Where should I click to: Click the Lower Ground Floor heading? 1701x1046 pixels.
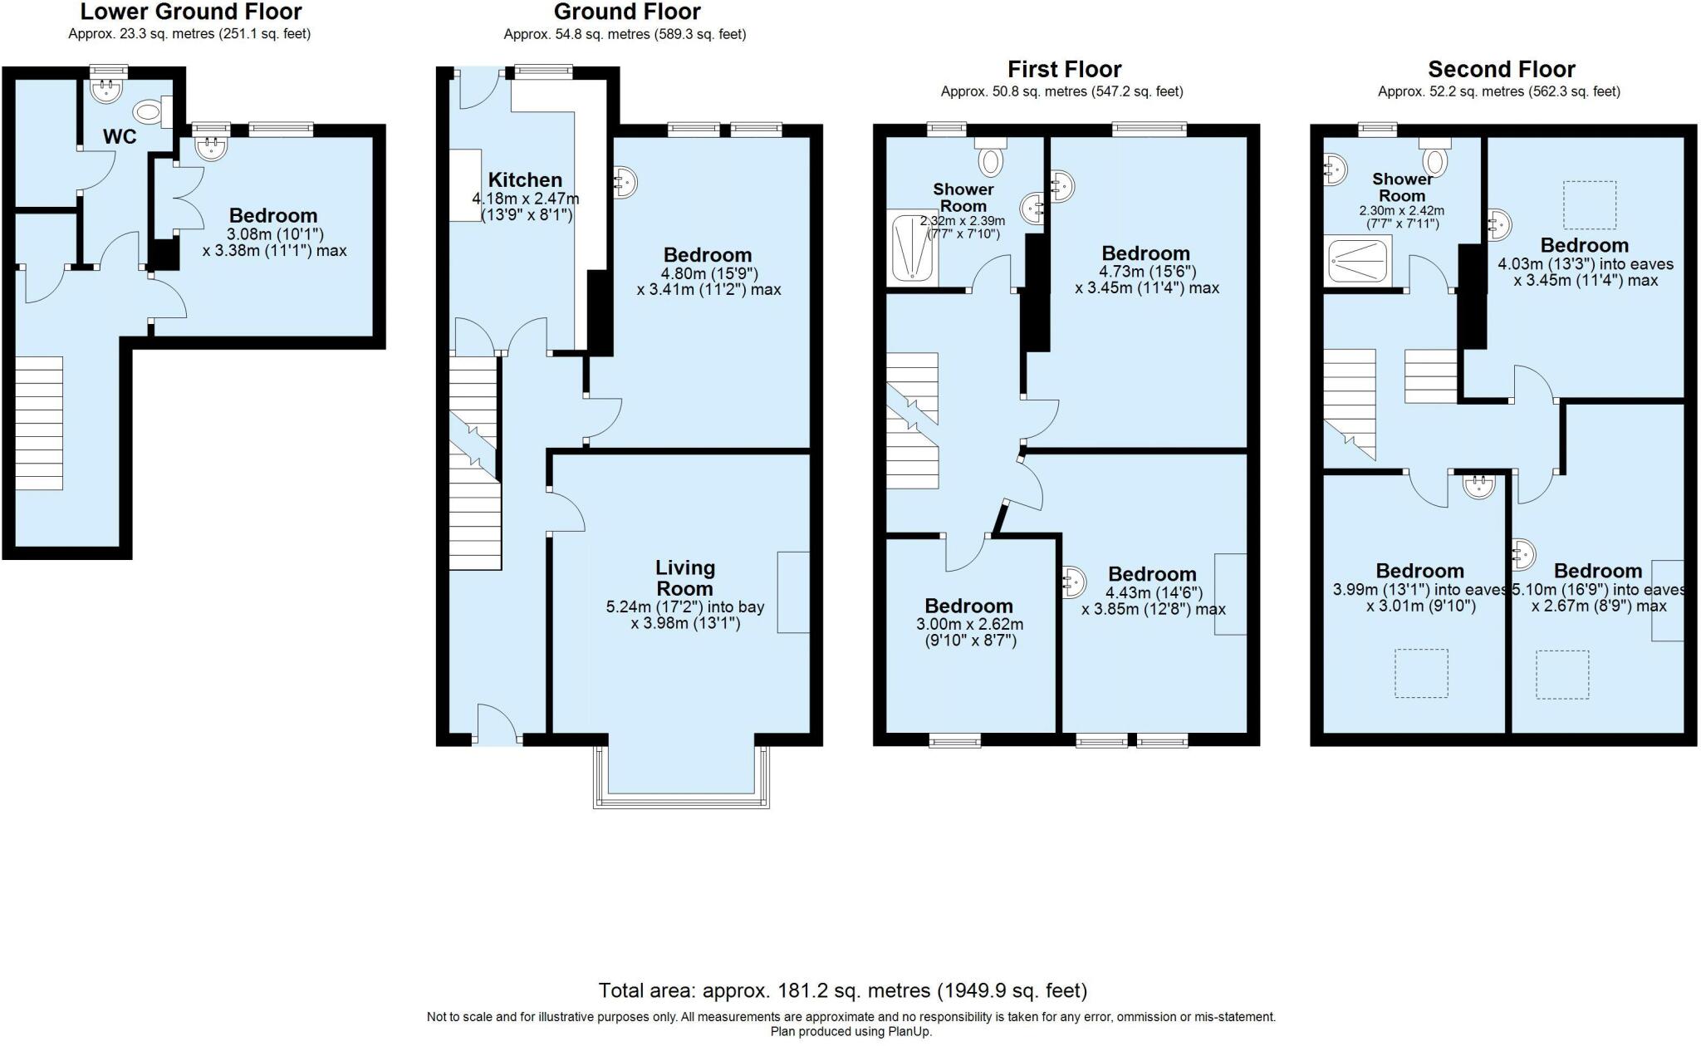(190, 12)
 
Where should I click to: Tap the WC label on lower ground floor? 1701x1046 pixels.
(120, 137)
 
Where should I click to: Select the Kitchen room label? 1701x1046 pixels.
(525, 180)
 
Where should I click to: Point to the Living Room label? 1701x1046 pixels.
(684, 577)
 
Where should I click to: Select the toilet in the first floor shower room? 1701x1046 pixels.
(990, 157)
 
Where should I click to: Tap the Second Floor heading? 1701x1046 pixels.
(1501, 70)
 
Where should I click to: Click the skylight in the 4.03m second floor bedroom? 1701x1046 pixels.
(1590, 204)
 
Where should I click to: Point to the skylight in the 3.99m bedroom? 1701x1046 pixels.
(1421, 672)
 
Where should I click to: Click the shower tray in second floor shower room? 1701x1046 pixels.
(1359, 261)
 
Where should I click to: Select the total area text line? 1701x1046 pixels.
(842, 990)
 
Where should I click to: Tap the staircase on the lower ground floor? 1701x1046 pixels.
(39, 423)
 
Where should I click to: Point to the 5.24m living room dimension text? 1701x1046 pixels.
(684, 615)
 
